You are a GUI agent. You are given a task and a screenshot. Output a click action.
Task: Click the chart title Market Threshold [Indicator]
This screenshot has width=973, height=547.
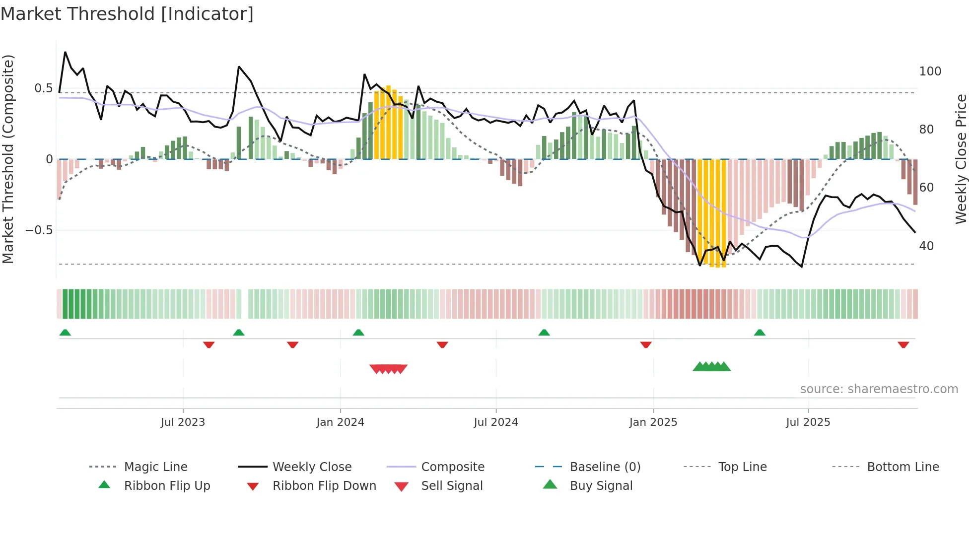click(x=127, y=14)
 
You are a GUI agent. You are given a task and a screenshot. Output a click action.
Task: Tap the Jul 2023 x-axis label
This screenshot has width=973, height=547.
click(x=183, y=422)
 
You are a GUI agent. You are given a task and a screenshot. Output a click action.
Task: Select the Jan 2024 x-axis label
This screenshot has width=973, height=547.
click(x=340, y=422)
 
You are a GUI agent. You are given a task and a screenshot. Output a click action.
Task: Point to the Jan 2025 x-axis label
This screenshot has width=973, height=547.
click(x=653, y=422)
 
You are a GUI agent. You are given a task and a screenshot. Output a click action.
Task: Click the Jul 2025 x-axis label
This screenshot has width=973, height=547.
click(x=808, y=422)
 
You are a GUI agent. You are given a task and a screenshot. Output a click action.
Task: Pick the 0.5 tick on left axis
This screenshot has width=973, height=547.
click(x=43, y=88)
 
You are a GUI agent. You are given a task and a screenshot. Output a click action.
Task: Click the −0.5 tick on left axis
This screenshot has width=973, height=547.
click(x=39, y=230)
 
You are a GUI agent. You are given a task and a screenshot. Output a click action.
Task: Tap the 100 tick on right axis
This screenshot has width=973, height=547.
click(x=930, y=71)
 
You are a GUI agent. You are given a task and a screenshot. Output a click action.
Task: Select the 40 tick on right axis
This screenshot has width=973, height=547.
click(x=926, y=246)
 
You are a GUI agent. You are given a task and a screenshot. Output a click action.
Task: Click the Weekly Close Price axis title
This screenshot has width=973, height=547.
click(x=961, y=159)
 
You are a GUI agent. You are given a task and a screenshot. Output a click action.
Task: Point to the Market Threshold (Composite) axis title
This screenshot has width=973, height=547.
click(x=8, y=159)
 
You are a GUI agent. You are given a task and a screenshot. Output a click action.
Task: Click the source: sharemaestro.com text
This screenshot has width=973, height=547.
click(x=879, y=389)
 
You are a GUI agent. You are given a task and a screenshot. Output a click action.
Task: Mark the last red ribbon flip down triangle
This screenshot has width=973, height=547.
click(x=903, y=344)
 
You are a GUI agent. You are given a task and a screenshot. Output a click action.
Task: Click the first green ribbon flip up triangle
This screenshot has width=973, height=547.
click(x=65, y=333)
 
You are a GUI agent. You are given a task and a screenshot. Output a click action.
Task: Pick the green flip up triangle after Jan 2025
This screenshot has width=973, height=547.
click(x=759, y=333)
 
